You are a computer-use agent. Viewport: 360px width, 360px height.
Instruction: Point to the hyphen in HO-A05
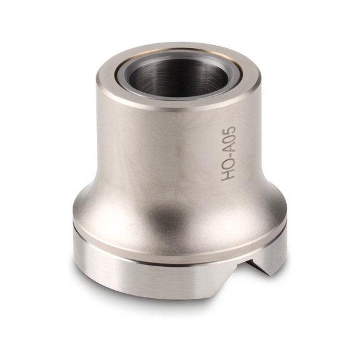(x=229, y=157)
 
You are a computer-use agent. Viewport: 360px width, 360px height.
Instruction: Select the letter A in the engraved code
(x=229, y=149)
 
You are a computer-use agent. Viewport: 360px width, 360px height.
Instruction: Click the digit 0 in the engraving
(x=229, y=141)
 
